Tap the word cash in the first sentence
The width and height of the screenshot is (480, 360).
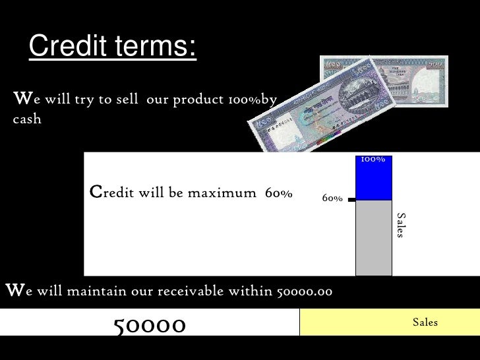tap(27, 119)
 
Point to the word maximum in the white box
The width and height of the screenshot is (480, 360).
tap(222, 193)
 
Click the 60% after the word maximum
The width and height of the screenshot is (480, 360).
tap(278, 193)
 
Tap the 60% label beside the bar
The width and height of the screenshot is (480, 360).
tap(332, 198)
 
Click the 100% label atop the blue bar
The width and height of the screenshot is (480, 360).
tap(373, 160)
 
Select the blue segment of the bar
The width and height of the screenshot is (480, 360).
tap(373, 182)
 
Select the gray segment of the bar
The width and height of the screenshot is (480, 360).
tap(373, 237)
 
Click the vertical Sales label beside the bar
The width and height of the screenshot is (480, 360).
tap(401, 225)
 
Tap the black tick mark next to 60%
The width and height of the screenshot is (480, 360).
tap(351, 198)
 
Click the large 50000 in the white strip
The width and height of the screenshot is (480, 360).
tap(150, 324)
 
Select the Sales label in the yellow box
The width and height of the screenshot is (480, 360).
tap(425, 322)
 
